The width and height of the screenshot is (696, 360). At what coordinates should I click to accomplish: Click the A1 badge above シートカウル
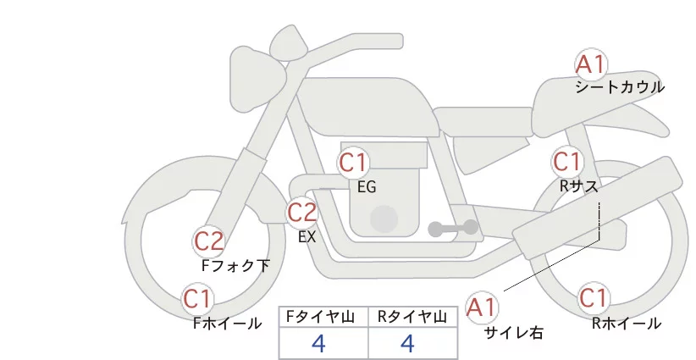[x=591, y=65]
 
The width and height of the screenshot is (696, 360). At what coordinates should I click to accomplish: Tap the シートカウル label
[x=620, y=87]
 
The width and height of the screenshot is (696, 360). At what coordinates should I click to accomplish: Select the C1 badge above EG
[x=353, y=163]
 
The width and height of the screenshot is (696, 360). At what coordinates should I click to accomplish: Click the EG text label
[x=367, y=187]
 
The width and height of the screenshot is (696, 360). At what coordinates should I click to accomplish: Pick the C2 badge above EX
[x=301, y=212]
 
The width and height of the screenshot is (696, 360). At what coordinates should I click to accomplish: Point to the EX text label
[x=307, y=237]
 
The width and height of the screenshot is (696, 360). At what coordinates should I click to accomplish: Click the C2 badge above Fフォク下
[x=208, y=242]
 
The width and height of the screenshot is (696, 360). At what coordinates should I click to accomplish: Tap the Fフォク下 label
[x=235, y=266]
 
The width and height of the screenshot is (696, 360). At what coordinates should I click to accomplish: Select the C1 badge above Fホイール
[x=197, y=299]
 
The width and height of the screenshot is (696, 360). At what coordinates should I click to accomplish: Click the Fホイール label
[x=227, y=324]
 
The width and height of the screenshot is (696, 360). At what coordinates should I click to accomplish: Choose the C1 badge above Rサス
[x=566, y=162]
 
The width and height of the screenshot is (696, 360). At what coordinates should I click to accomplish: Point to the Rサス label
[x=578, y=186]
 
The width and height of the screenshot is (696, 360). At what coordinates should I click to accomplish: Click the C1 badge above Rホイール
[x=594, y=298]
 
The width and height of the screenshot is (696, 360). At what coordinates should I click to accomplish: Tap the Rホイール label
[x=627, y=324]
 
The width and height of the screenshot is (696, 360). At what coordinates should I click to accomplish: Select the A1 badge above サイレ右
[x=482, y=307]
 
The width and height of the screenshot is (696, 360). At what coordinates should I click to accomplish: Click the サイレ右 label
[x=514, y=333]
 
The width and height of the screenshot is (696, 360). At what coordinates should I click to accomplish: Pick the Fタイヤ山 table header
[x=320, y=317]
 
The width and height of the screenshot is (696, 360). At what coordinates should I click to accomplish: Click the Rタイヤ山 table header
[x=412, y=317]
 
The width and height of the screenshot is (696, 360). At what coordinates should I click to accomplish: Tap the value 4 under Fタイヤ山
[x=318, y=343]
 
